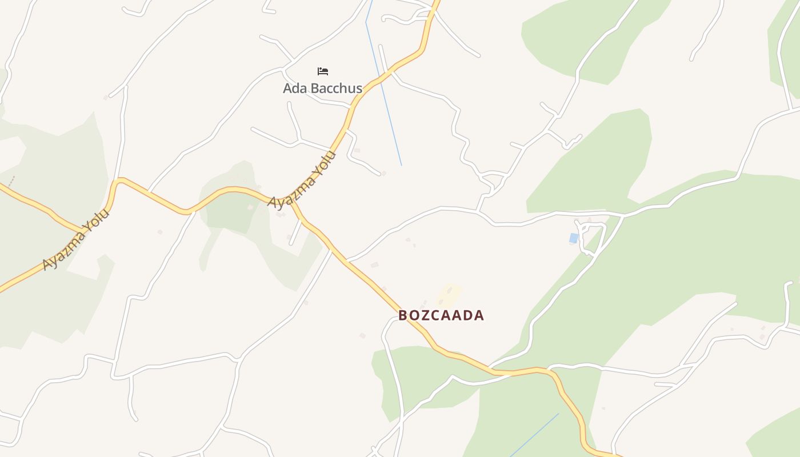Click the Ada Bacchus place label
point(322,89)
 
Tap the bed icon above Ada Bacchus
point(323,71)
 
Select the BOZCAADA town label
point(441,315)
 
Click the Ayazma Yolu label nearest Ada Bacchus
point(302,181)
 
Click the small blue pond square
point(574,238)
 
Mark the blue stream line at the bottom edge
point(534,434)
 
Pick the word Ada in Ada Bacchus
point(294,89)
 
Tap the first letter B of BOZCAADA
point(403,315)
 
